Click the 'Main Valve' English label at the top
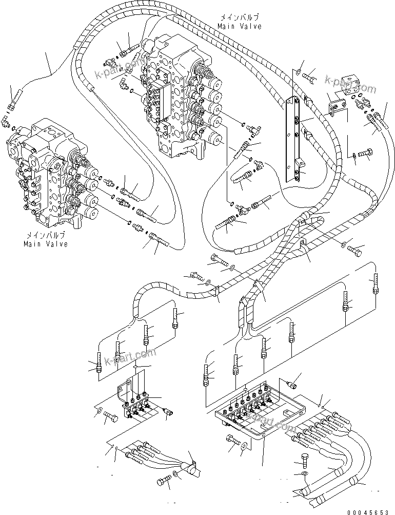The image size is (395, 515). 239,26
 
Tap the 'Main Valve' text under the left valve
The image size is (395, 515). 46,244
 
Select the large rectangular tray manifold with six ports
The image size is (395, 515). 259,411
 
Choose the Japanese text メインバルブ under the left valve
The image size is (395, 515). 46,236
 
